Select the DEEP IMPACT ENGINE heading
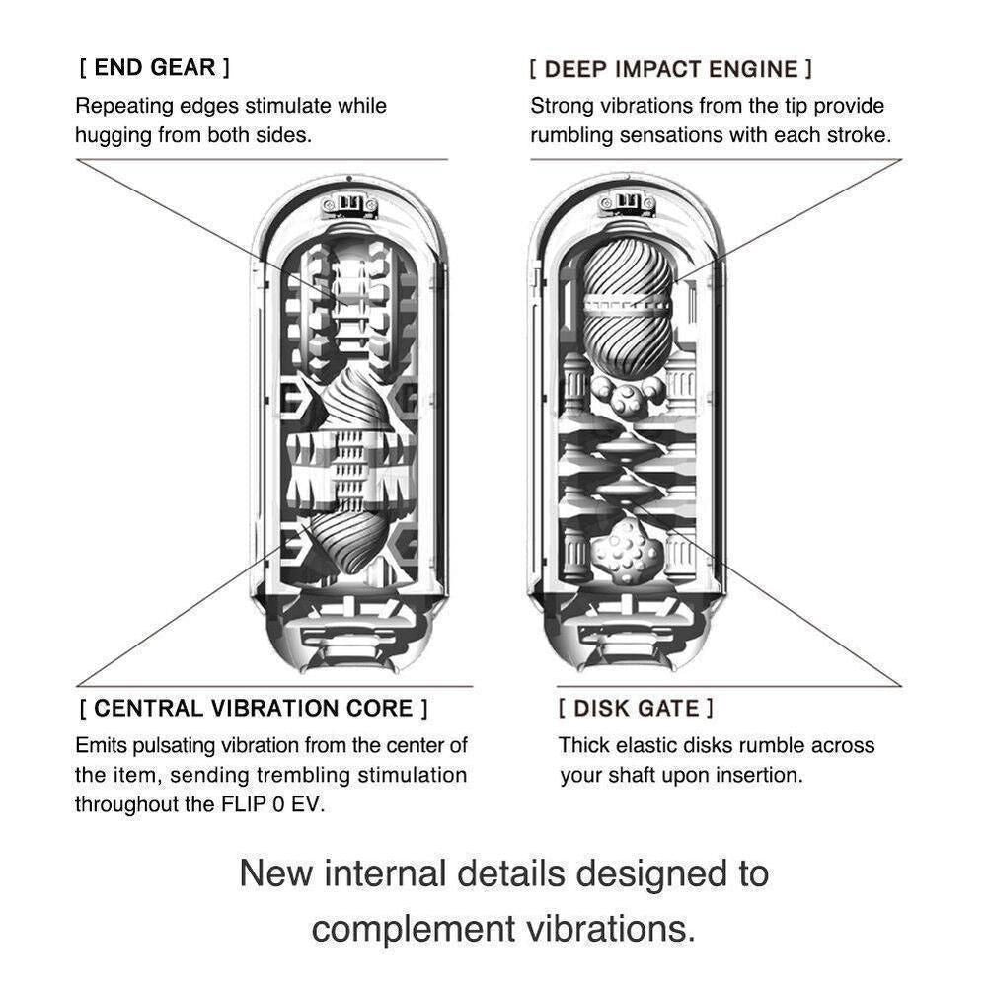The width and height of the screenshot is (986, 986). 671,69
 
